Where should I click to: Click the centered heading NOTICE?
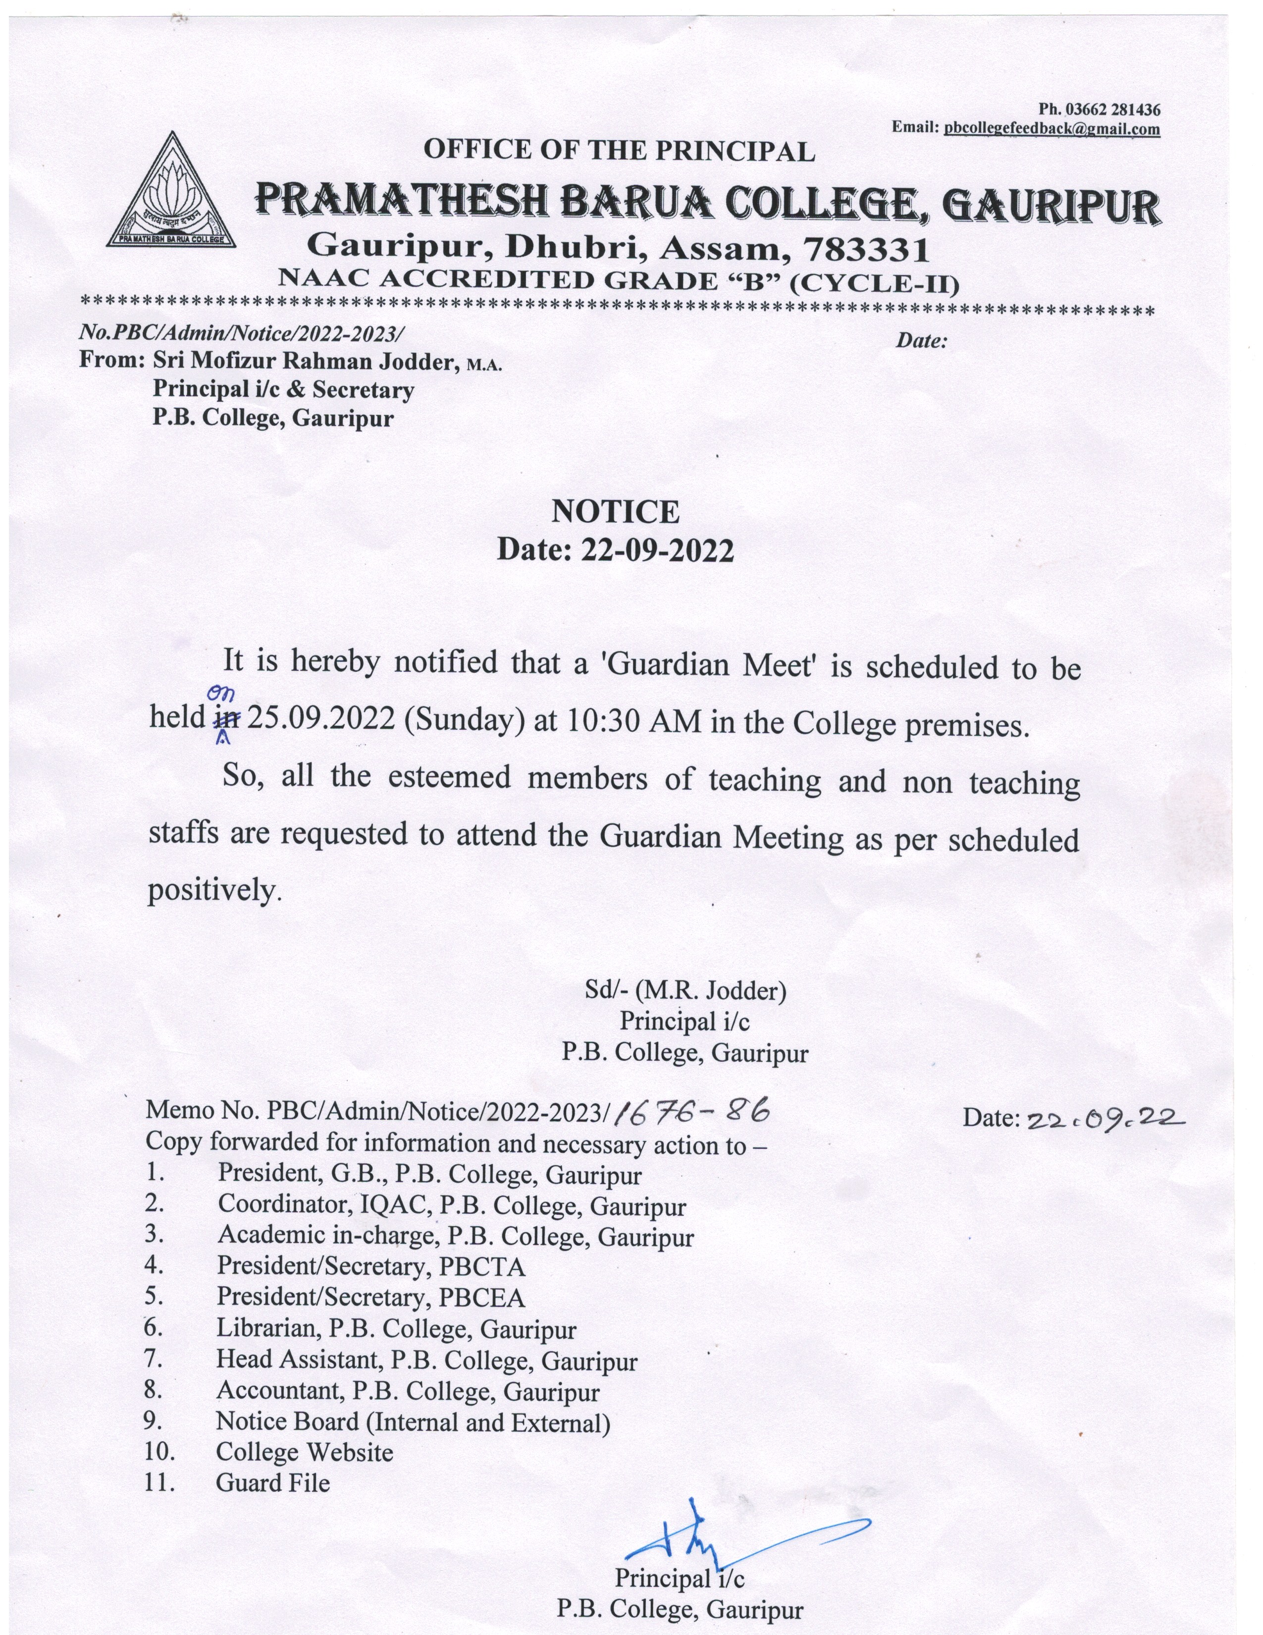pyautogui.click(x=615, y=512)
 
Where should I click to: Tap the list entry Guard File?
pyautogui.click(x=272, y=1482)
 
